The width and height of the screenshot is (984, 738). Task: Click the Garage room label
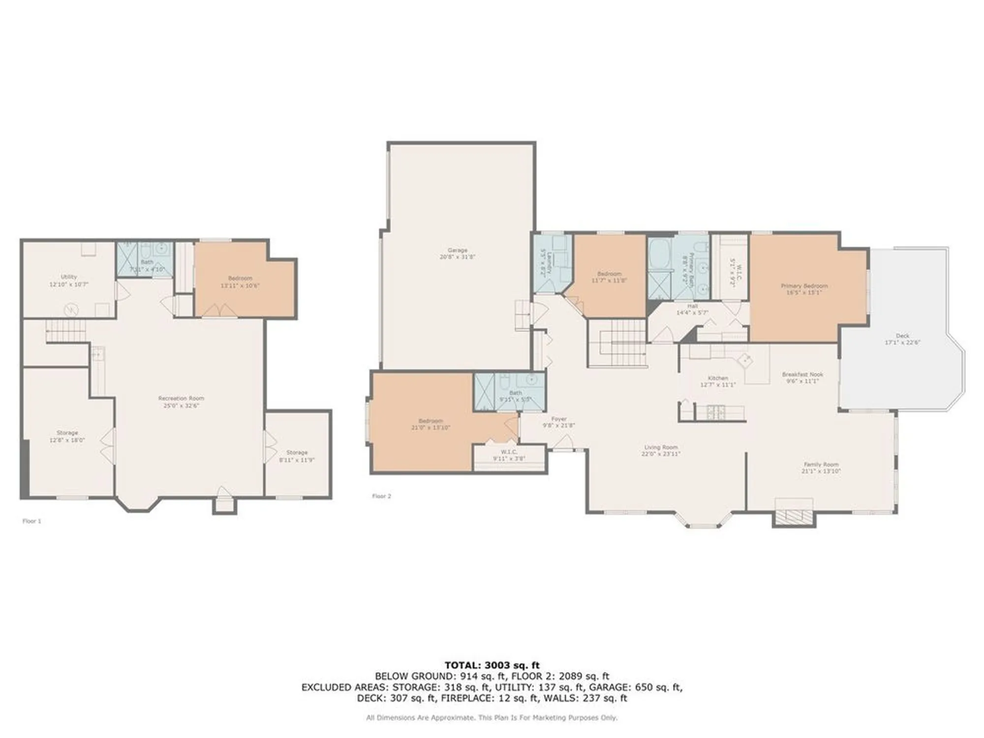[x=457, y=253]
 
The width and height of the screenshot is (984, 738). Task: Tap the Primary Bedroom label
[x=804, y=289]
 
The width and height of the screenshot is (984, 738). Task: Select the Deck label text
[x=902, y=339]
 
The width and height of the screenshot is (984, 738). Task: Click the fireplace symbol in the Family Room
[x=794, y=516]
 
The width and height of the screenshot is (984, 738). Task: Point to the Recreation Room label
[x=181, y=401]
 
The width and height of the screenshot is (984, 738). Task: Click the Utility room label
[x=69, y=280]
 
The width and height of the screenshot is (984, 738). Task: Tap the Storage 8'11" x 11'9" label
[x=297, y=456]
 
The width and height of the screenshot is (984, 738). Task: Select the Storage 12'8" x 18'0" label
[x=67, y=436]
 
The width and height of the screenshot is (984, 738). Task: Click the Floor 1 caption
[x=32, y=521]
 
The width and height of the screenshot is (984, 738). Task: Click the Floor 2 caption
[x=381, y=496]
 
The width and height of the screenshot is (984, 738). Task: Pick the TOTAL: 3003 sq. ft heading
[x=492, y=665]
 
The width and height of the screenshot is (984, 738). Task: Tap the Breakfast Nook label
[x=802, y=377]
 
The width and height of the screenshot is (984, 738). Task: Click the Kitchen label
[x=718, y=381]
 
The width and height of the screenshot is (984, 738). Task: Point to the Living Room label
[x=661, y=450]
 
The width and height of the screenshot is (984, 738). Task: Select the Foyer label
[x=559, y=422]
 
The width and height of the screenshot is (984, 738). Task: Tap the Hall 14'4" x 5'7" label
[x=692, y=309]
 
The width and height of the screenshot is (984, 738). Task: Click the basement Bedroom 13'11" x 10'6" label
[x=240, y=281]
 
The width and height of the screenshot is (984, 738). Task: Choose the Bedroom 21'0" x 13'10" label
[x=430, y=424]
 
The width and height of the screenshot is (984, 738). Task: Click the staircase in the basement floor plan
[x=65, y=331]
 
